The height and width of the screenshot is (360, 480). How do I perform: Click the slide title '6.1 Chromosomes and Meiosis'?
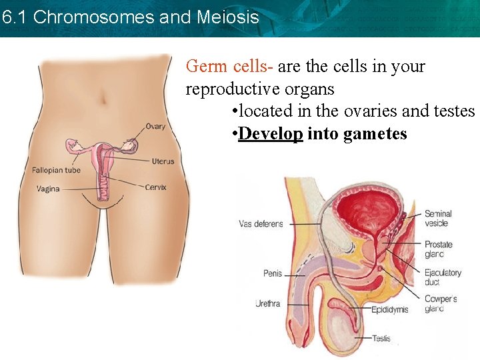coord(130,17)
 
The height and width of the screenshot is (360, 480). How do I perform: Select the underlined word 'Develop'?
coord(271,133)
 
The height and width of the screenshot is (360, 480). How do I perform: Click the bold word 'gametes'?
coord(375,133)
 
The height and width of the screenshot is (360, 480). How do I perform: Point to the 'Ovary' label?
coord(155,127)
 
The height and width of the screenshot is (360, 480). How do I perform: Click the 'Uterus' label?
coord(163,161)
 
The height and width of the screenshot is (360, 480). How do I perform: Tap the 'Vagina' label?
coord(48,189)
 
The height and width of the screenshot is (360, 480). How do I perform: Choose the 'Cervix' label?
coord(155,187)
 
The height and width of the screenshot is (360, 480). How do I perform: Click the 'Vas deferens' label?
coord(261,224)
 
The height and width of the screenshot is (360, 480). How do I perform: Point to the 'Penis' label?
coord(273,273)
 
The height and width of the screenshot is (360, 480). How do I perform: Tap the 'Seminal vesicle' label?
coord(438,219)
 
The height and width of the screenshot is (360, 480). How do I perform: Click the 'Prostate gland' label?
coord(438,249)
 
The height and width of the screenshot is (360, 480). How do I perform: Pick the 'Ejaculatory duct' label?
coord(442,277)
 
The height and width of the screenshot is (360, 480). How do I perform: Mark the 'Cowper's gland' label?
coord(440,304)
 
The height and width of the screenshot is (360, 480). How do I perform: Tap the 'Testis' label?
coord(381,339)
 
